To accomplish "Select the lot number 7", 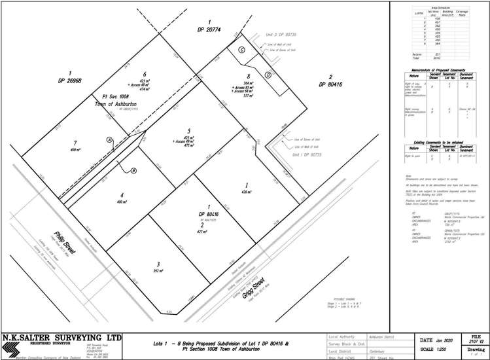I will tap(75, 142).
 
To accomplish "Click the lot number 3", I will tap(158, 264).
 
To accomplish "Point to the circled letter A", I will tap(110, 139).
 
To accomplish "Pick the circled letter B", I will tap(133, 171).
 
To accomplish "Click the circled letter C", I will tap(241, 50).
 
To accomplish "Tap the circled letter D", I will tap(268, 75).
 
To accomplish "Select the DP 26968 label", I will tap(69, 81).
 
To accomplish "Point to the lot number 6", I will tap(144, 74).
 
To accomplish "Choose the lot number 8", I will tap(249, 76).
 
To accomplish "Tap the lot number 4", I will tap(121, 195).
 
